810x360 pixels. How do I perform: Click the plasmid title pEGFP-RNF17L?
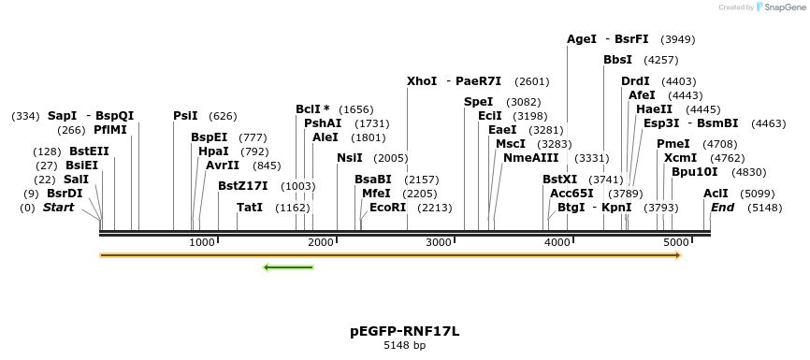(x=404, y=331)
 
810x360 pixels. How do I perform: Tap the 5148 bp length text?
(x=404, y=346)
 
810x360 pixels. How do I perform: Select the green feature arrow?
(x=288, y=268)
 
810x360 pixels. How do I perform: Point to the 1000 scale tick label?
(x=202, y=243)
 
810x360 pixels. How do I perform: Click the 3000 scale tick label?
(x=440, y=243)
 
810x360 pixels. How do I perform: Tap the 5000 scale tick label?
(x=676, y=243)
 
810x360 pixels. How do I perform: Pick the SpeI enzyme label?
(x=478, y=102)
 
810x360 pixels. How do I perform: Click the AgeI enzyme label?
(x=582, y=39)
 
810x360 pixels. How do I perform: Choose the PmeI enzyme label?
(x=673, y=144)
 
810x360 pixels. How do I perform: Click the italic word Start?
(x=58, y=208)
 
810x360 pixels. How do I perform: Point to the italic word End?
(x=722, y=208)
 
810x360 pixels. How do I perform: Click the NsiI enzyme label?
(x=350, y=158)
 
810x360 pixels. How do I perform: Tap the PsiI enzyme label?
(x=185, y=116)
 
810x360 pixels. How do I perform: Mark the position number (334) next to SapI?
(x=25, y=116)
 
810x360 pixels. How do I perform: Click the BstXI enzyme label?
(x=560, y=180)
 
